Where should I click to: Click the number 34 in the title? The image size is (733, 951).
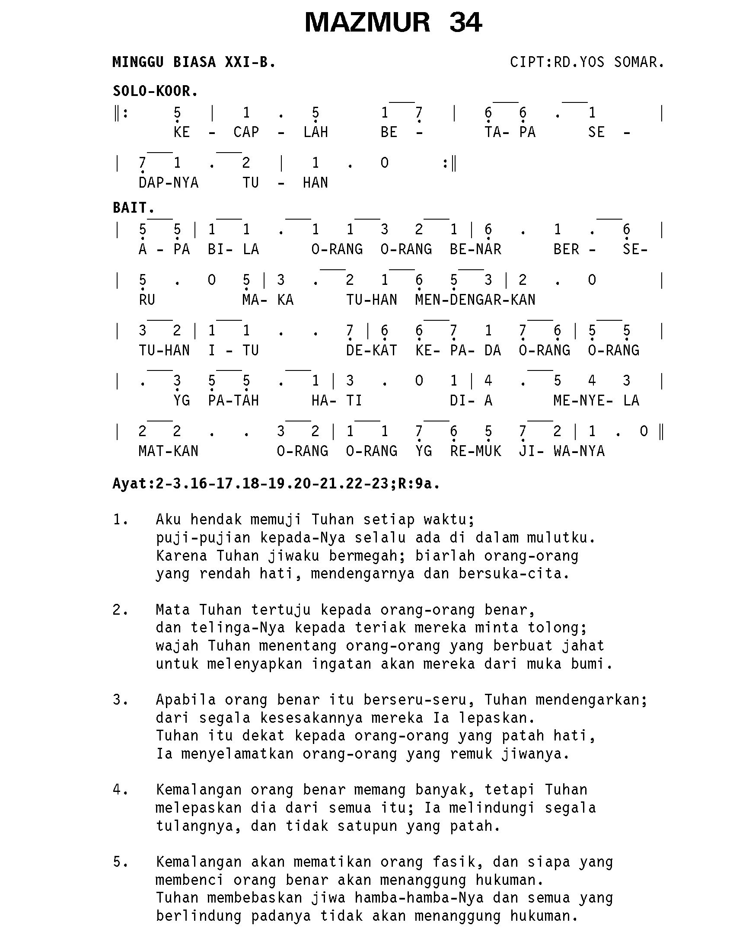click(x=465, y=22)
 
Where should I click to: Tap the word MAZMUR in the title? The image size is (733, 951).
click(x=367, y=22)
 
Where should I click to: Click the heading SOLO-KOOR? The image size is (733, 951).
click(x=156, y=92)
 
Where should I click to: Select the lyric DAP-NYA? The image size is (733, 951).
click(x=169, y=182)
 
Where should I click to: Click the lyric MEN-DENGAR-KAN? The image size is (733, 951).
click(x=475, y=300)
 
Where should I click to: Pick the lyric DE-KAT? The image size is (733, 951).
click(x=371, y=350)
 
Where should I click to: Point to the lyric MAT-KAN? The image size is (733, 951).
click(x=169, y=451)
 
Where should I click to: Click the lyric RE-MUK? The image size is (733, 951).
click(x=475, y=451)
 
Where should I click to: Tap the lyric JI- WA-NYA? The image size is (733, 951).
click(x=561, y=451)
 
